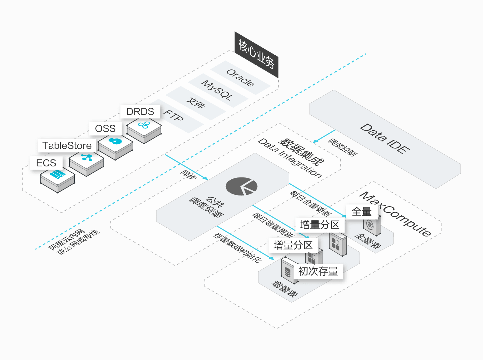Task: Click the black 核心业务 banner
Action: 257,55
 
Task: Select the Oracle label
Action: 240,78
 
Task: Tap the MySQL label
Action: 217,90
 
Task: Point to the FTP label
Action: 174,116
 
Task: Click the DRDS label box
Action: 140,111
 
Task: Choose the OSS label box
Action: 105,128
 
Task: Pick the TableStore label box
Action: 67,145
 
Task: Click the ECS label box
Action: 46,163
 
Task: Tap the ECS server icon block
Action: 58,180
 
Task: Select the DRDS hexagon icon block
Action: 144,131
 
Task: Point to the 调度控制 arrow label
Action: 343,147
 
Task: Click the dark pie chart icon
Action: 241,186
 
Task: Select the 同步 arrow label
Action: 188,174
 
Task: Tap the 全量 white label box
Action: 362,212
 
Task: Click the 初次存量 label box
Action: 318,271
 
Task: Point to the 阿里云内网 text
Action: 66,239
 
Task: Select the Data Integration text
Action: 290,158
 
